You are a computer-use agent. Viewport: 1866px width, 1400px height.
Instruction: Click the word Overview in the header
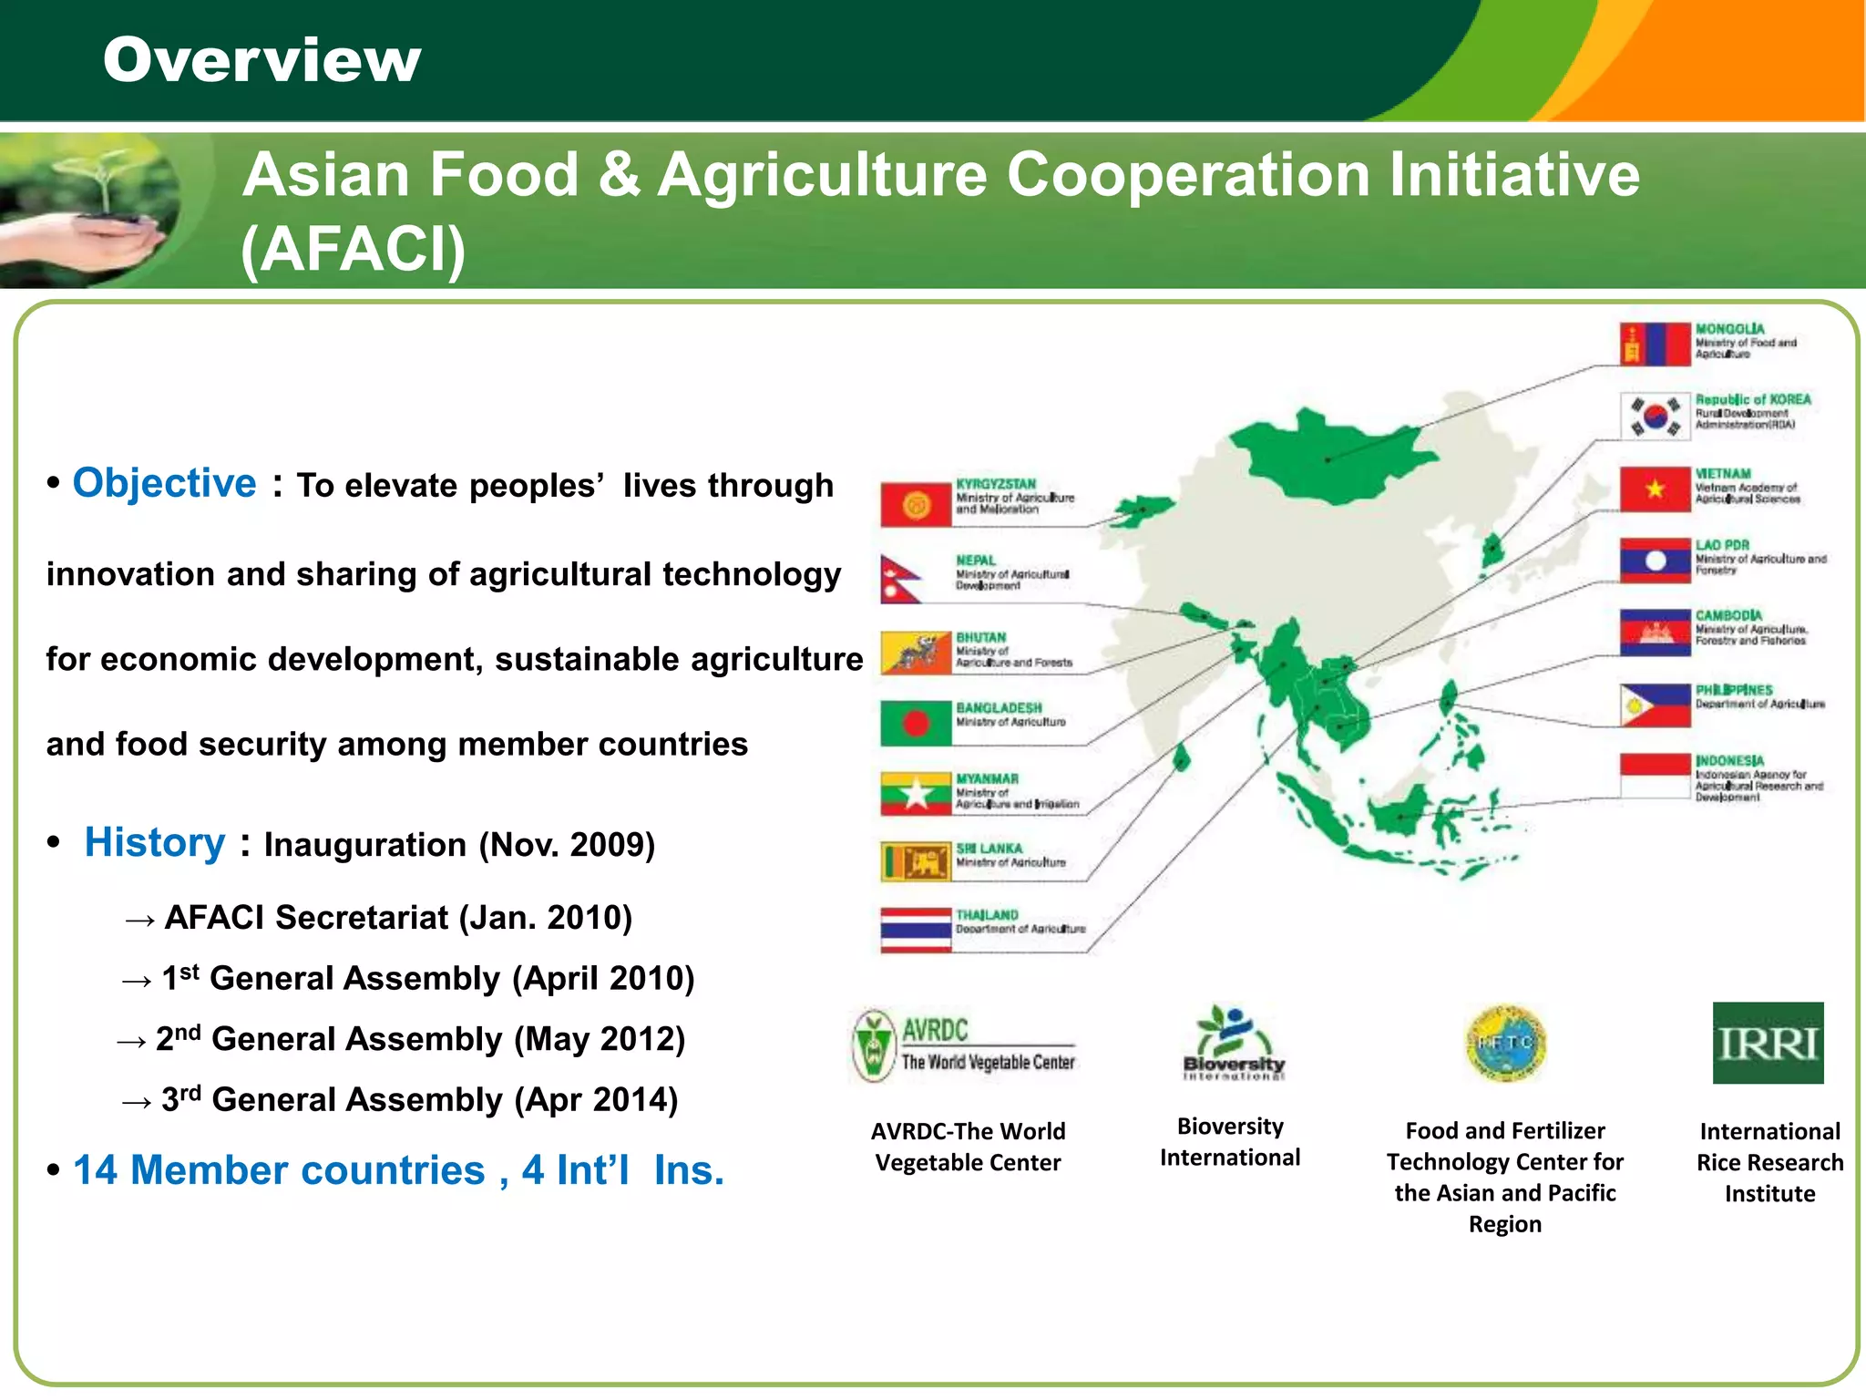(261, 60)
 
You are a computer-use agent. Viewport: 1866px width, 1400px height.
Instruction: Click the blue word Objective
(164, 483)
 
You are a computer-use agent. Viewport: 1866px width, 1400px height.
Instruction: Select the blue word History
(155, 842)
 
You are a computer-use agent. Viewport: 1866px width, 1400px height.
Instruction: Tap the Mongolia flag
(1655, 345)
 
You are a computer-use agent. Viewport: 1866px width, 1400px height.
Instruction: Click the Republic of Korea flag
(1655, 416)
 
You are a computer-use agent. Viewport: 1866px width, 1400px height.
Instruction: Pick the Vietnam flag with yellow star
(1655, 489)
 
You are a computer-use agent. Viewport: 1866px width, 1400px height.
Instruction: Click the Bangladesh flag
(916, 724)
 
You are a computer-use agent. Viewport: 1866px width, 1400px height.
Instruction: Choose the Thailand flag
(916, 930)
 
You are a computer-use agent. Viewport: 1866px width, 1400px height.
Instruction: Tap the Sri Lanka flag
(916, 861)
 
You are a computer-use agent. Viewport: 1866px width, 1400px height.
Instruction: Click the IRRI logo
(1768, 1043)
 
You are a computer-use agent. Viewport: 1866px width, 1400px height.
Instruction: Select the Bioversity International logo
(1233, 1043)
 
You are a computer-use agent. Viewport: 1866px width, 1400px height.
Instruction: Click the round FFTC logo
(1505, 1043)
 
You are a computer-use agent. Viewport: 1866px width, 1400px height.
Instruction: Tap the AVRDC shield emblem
(873, 1045)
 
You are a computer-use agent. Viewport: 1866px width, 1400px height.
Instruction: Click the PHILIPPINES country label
(1734, 690)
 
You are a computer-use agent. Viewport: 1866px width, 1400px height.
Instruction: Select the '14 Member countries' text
(279, 1170)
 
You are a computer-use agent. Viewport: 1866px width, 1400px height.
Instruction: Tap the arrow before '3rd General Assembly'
(137, 1103)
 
